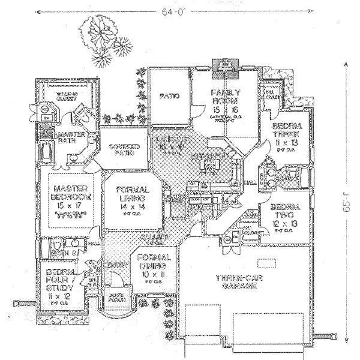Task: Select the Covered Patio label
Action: tap(124, 149)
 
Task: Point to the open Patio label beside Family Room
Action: tap(169, 96)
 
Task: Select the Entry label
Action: tap(131, 265)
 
